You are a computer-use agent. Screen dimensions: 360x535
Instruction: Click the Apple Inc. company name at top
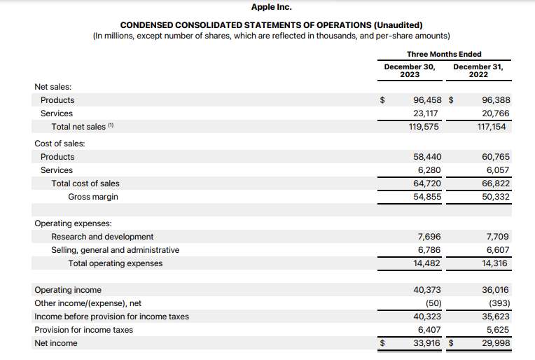click(x=271, y=7)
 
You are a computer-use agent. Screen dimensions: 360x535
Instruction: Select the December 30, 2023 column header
click(x=410, y=71)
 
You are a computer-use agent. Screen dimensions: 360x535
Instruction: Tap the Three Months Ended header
click(x=444, y=54)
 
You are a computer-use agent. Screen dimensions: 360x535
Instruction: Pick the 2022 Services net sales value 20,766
click(x=496, y=113)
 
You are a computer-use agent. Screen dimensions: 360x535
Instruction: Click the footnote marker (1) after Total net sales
click(x=111, y=126)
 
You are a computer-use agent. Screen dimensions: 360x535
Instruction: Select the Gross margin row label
click(x=93, y=197)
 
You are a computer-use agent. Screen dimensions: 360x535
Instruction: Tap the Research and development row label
click(x=102, y=237)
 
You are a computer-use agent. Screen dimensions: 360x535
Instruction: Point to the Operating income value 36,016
click(x=496, y=290)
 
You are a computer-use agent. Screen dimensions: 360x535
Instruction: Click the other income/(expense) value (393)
click(x=498, y=303)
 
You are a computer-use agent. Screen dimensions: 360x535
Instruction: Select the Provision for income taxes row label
click(x=83, y=330)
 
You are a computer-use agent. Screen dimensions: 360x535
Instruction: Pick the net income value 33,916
click(x=427, y=343)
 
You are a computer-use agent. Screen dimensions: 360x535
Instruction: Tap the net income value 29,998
click(x=496, y=343)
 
